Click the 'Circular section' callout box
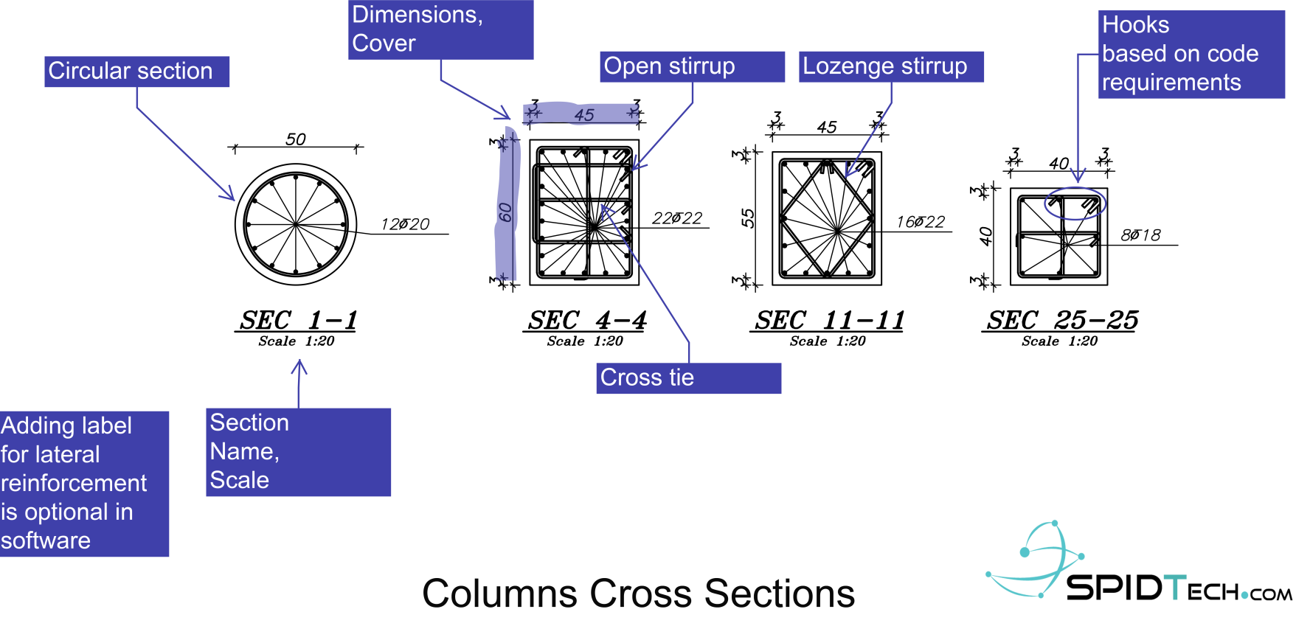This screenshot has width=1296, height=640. (136, 72)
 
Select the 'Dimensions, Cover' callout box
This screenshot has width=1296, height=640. (440, 29)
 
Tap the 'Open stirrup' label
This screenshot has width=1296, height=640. (692, 66)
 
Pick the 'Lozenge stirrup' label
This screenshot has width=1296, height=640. (890, 66)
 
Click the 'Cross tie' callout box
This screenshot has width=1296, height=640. (687, 378)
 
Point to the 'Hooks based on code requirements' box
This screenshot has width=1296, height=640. (1191, 54)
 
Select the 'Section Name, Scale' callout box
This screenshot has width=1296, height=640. (298, 451)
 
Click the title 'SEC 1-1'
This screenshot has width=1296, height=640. (297, 321)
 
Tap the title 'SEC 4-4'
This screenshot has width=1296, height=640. (586, 321)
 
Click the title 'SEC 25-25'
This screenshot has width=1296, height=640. (1062, 321)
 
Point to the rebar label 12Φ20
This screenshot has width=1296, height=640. (405, 224)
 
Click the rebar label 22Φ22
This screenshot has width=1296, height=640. (677, 218)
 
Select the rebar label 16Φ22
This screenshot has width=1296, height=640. (921, 222)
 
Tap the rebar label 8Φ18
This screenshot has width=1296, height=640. (1140, 235)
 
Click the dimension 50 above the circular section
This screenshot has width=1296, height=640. (296, 139)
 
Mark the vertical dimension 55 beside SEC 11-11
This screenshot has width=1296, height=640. (748, 218)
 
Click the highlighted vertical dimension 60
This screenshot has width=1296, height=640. (505, 212)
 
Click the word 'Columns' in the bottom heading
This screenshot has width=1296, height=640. (499, 594)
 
